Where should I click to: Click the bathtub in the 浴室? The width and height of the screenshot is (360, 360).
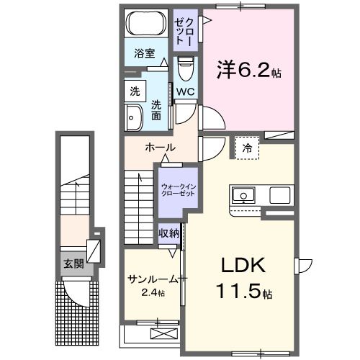pos(146,24)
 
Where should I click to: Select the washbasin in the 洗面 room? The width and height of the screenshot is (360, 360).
pos(133,118)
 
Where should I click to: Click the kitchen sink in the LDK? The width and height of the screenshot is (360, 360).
pos(242,195)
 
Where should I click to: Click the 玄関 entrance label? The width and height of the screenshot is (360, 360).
pos(73,264)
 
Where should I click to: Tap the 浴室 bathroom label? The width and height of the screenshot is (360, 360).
pos(145,53)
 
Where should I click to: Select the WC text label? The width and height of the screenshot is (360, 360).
pos(184,92)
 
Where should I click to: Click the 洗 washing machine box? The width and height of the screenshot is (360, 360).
pos(134,91)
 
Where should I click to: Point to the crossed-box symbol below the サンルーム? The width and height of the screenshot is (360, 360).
pos(163,333)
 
